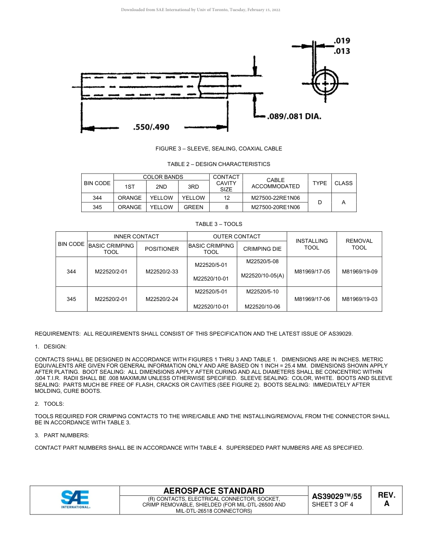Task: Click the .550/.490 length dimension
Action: pyautogui.click(x=151, y=127)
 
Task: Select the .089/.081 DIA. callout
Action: pyautogui.click(x=294, y=117)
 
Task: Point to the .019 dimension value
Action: pyautogui.click(x=342, y=41)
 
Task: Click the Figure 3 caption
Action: pyautogui.click(x=219, y=149)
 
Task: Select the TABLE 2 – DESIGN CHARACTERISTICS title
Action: pyautogui.click(x=219, y=164)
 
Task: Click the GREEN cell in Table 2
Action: pyautogui.click(x=193, y=207)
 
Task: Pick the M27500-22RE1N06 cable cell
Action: pyautogui.click(x=275, y=198)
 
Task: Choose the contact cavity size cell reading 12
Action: pyautogui.click(x=226, y=198)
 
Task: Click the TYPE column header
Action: pyautogui.click(x=319, y=183)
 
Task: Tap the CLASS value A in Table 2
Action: pyautogui.click(x=343, y=202)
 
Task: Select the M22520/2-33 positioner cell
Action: pyautogui.click(x=162, y=272)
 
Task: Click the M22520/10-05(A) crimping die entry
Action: pyautogui.click(x=262, y=276)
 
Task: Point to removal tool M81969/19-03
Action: pyautogui.click(x=359, y=299)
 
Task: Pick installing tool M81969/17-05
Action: pyautogui.click(x=311, y=272)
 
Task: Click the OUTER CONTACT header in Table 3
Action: pyautogui.click(x=237, y=237)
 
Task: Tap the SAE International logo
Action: pyautogui.click(x=75, y=500)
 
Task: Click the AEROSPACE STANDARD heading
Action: pyautogui.click(x=214, y=491)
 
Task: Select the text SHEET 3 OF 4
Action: pyautogui.click(x=333, y=504)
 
